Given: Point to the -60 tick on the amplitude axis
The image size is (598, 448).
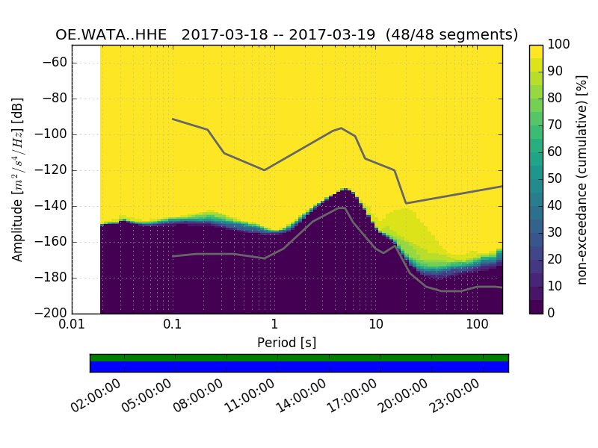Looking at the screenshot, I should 58,63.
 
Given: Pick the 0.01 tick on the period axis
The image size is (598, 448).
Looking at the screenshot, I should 72,326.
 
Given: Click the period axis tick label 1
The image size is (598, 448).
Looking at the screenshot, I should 274,326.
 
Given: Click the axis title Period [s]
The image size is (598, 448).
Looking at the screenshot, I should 286,343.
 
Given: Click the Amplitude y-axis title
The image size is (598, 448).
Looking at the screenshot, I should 18,179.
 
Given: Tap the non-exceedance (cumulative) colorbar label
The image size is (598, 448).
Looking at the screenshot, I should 583,179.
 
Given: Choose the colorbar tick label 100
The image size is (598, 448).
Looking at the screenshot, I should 559,45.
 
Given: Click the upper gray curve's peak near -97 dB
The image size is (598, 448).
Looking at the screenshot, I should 342,128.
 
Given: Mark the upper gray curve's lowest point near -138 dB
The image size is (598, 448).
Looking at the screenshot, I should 406,203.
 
